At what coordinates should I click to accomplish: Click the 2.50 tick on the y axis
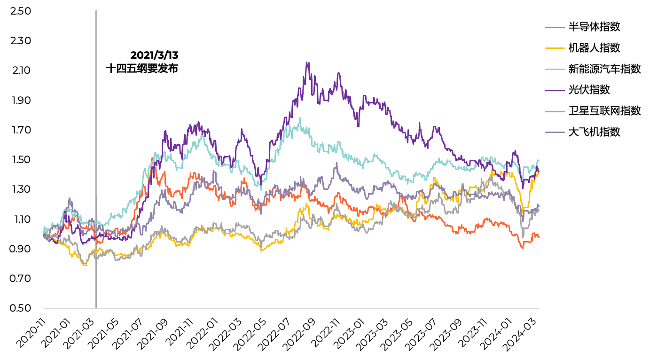(20, 11)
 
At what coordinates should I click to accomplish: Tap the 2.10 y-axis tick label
(20, 70)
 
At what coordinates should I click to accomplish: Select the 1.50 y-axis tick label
(20, 160)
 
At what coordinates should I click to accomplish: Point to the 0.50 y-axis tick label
(20, 308)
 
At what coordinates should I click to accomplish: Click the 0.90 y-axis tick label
(20, 249)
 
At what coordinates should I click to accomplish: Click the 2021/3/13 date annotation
(155, 55)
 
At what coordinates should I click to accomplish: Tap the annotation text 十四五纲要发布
(142, 69)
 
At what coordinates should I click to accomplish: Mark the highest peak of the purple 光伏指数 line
(307, 63)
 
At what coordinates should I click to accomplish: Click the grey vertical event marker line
(96, 188)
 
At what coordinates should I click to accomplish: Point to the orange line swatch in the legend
(555, 27)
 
